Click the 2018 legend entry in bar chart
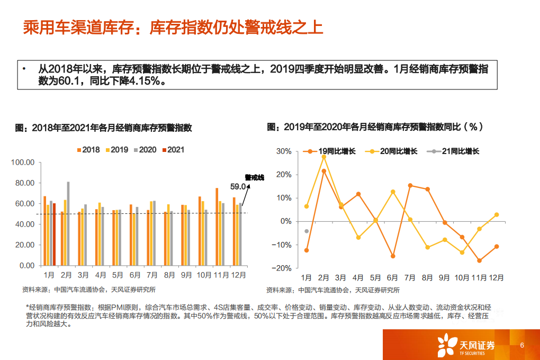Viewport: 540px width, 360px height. pyautogui.click(x=88, y=150)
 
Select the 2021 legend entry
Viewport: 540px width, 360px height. pyautogui.click(x=173, y=150)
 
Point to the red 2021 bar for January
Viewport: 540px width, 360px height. pyautogui.click(x=54, y=234)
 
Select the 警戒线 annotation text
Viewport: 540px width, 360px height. pyautogui.click(x=254, y=177)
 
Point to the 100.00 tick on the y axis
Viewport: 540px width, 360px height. pyautogui.click(x=23, y=163)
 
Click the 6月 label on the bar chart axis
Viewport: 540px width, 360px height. pyautogui.click(x=135, y=275)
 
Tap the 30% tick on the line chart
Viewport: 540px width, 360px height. pyautogui.click(x=284, y=151)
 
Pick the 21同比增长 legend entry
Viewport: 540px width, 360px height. pyautogui.click(x=456, y=151)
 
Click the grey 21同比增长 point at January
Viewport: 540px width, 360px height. pyautogui.click(x=307, y=231)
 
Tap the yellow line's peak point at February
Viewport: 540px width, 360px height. pyautogui.click(x=323, y=157)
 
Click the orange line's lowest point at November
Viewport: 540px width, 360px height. pyautogui.click(x=479, y=260)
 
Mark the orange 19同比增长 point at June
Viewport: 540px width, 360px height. pyautogui.click(x=393, y=256)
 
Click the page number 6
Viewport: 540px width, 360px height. pyautogui.click(x=522, y=346)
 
